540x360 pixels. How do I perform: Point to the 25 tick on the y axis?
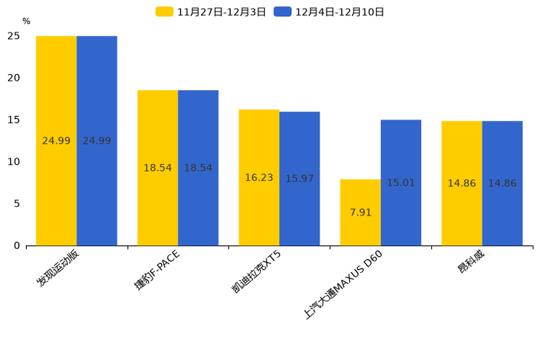click(x=14, y=36)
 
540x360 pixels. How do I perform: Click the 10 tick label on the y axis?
click(x=14, y=162)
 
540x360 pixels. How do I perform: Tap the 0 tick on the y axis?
click(x=17, y=245)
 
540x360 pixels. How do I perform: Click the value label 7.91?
click(x=360, y=213)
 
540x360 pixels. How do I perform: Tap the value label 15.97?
click(x=299, y=179)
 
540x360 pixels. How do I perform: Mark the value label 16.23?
click(x=259, y=178)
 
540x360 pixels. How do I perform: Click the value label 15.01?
click(x=401, y=183)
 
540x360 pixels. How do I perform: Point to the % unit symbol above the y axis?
click(x=26, y=22)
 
